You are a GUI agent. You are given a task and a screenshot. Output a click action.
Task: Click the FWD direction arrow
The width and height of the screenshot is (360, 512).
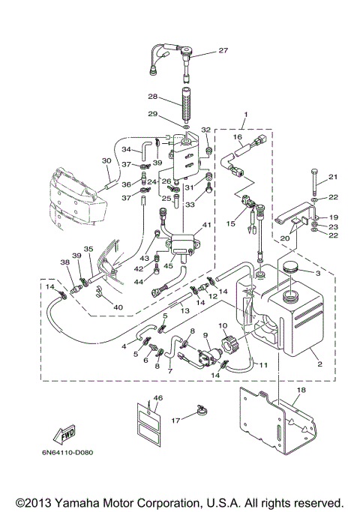[64, 434]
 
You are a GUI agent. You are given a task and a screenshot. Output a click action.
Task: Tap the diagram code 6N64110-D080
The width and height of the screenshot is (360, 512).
[67, 453]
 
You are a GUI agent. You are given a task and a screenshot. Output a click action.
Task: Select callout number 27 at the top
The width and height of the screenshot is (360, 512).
[223, 50]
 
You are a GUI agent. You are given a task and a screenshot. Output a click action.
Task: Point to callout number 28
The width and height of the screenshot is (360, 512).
[152, 97]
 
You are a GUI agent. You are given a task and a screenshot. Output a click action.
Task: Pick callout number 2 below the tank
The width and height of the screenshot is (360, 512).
[319, 364]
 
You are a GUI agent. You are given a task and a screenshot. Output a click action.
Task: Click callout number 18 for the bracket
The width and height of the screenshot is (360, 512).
[301, 390]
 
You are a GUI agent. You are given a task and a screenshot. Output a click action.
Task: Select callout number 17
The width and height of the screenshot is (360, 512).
[175, 421]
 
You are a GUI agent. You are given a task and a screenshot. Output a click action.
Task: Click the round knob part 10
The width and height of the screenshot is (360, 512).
[227, 343]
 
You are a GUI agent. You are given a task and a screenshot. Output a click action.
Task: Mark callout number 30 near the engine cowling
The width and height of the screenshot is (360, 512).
[106, 160]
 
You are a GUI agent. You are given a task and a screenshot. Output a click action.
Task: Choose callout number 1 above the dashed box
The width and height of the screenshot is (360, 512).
[246, 114]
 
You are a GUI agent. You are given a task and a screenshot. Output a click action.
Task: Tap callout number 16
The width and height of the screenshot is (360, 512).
[238, 136]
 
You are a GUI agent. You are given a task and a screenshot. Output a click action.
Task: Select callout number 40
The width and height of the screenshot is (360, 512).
[118, 307]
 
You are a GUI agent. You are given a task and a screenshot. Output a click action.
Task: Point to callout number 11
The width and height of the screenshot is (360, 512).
[263, 364]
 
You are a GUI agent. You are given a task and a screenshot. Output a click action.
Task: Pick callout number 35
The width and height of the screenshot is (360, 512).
[88, 249]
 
